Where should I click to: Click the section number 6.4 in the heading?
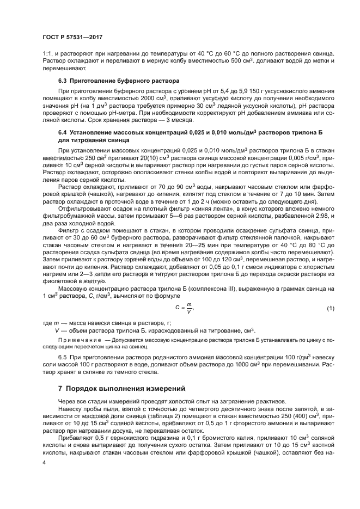pos(62,132)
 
